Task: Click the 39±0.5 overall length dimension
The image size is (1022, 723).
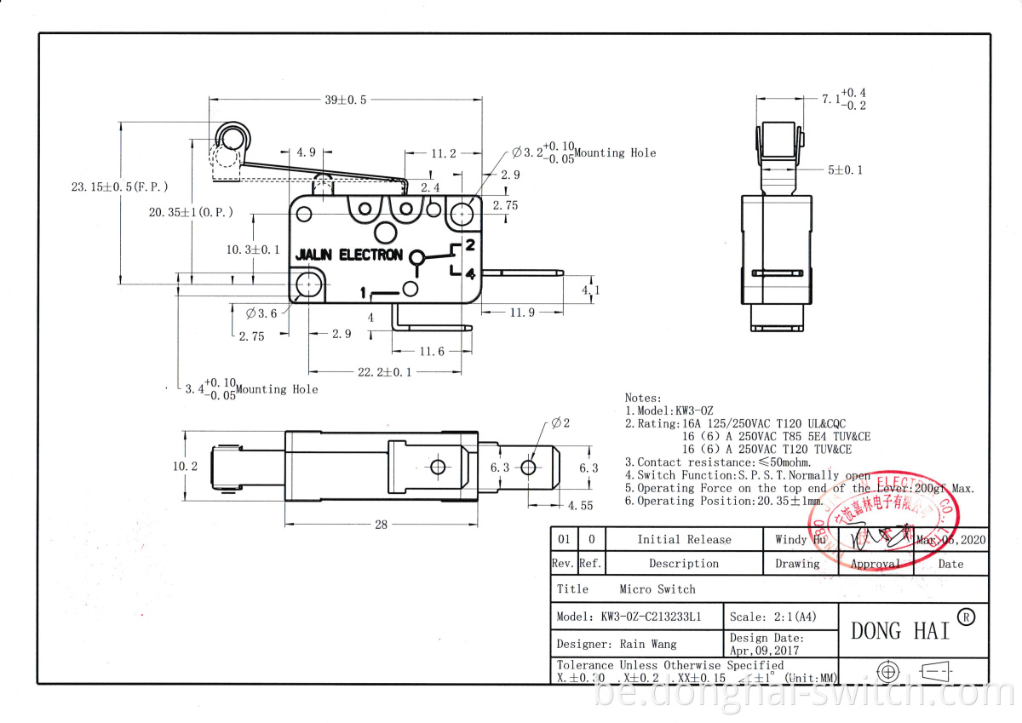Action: pos(346,100)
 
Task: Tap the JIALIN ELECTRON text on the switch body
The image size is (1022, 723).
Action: pos(348,255)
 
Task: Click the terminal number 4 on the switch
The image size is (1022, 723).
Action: pos(469,273)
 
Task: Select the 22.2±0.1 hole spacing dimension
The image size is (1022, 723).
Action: pos(385,372)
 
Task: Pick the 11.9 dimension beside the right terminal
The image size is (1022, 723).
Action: pos(521,313)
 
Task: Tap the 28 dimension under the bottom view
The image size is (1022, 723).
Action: pos(381,525)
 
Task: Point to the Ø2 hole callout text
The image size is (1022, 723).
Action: pos(560,422)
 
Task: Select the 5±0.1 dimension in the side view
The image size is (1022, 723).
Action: pos(845,169)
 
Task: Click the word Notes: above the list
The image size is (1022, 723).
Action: pos(643,398)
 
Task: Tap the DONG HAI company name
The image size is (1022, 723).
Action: pos(900,631)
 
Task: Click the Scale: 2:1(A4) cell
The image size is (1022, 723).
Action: pos(770,616)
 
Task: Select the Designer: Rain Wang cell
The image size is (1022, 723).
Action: pos(617,644)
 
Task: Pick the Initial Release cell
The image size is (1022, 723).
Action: pos(684,539)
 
